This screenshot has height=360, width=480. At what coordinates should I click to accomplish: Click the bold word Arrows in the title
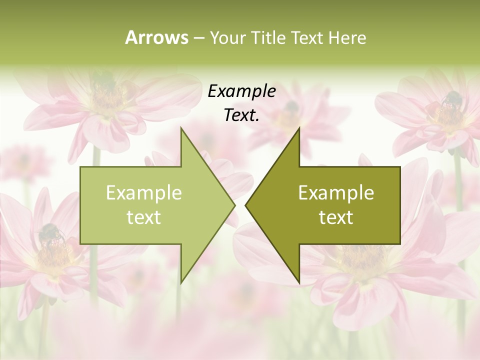(156, 37)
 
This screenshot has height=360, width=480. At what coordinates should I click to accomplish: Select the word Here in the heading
(347, 37)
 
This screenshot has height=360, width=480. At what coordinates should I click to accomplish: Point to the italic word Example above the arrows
(241, 91)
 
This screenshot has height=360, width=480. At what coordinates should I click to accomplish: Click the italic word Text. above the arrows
(241, 115)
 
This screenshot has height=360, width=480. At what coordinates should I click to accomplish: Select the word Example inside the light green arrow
(143, 192)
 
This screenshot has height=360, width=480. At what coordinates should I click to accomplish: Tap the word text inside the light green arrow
(143, 217)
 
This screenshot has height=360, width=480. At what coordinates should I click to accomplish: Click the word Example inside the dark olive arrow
(336, 192)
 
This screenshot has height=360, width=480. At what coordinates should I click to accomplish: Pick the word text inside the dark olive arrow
(336, 217)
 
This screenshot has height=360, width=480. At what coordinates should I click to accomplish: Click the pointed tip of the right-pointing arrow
(235, 205)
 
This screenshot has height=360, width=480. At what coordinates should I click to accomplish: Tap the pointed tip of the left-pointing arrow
(245, 205)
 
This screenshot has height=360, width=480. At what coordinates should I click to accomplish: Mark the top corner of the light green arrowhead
(181, 128)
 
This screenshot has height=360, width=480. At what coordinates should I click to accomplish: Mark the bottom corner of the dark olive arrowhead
(299, 283)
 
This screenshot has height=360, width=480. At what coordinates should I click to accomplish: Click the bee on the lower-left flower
(50, 233)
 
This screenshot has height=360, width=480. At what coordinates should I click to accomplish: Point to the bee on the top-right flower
(452, 99)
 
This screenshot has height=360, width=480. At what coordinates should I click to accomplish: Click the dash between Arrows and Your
(198, 38)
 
